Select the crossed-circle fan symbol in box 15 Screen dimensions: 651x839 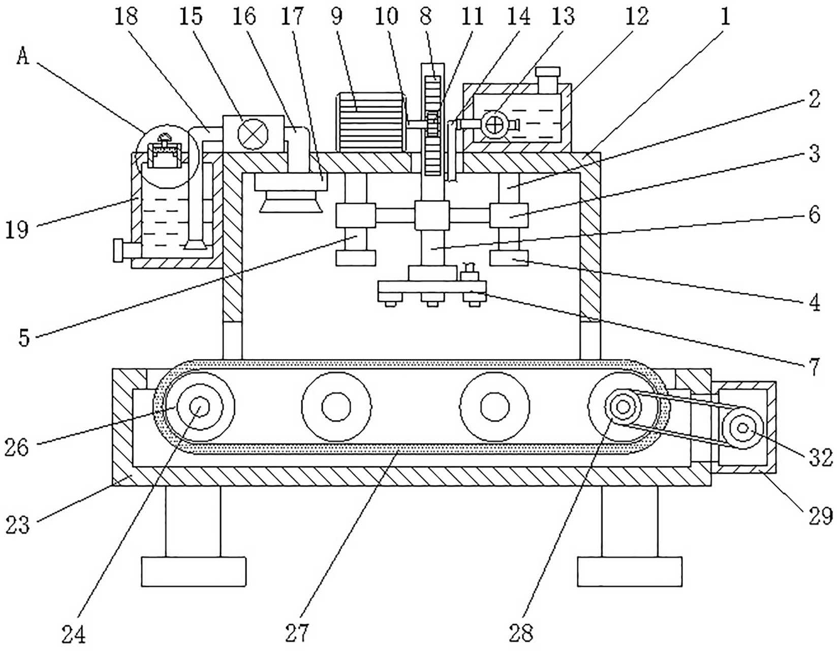point(253,133)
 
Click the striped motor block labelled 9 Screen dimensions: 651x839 point(370,122)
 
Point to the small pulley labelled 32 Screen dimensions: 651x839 point(742,429)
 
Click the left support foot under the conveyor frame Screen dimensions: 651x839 point(194,571)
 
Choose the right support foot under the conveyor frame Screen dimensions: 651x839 point(630,571)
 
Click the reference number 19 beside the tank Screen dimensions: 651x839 point(17,230)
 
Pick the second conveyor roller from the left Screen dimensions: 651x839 point(336,407)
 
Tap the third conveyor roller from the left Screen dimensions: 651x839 point(494,407)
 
